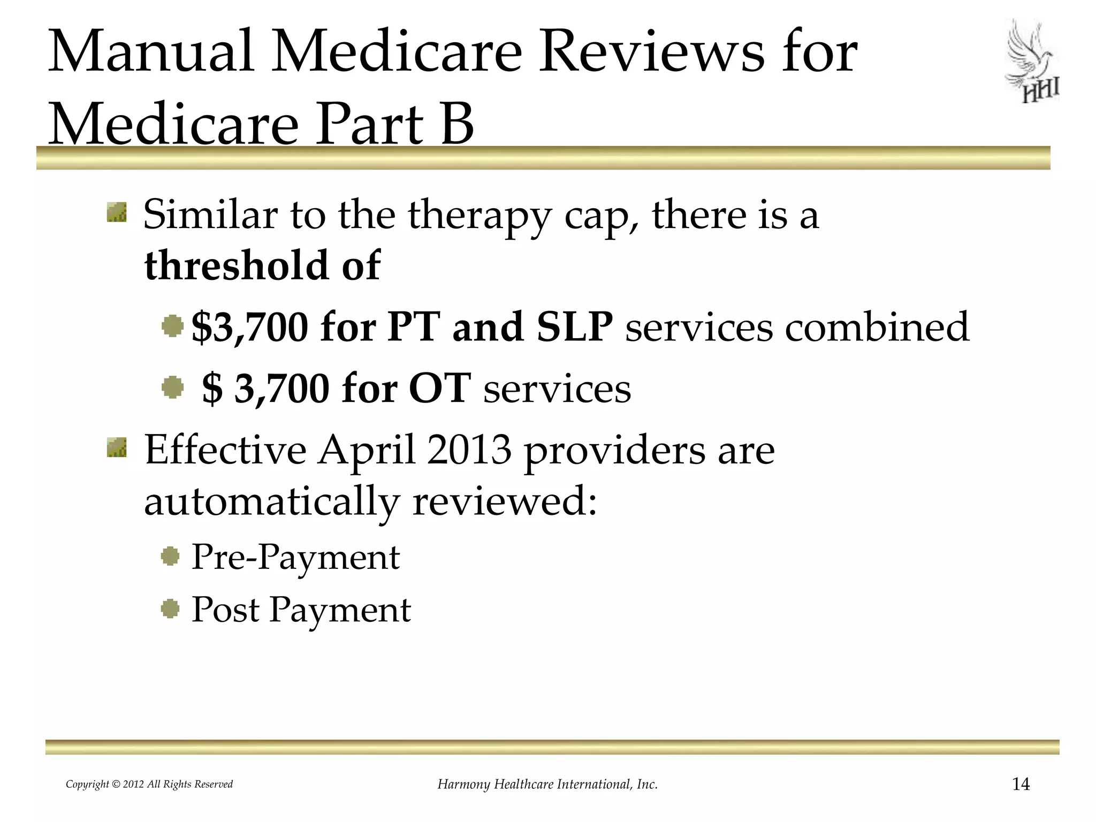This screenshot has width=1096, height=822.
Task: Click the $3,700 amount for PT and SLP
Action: point(249,327)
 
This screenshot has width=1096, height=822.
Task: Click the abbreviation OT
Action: point(439,388)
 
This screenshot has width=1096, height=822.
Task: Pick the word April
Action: point(367,451)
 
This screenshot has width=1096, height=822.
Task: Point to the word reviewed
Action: point(504,503)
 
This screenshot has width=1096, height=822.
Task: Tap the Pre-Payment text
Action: point(295,557)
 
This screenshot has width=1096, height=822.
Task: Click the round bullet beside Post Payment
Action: point(170,609)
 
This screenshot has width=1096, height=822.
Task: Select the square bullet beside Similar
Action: point(117,212)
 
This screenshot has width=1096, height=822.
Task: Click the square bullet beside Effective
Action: point(117,448)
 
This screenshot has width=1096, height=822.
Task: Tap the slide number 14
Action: point(1021,785)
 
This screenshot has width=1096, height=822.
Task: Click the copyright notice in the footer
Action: point(149,785)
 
